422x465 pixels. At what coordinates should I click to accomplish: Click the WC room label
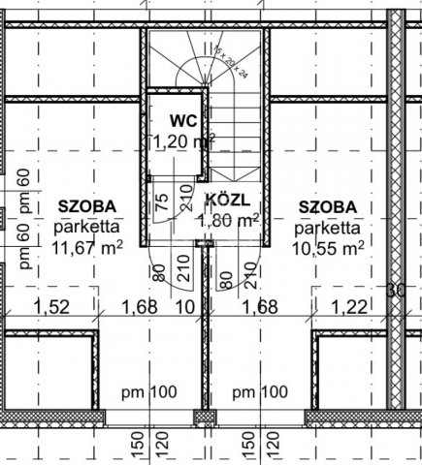(182, 121)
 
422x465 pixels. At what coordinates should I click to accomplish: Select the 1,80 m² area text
(228, 221)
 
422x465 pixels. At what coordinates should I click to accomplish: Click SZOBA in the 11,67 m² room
(86, 206)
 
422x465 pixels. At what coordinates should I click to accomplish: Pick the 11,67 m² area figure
(86, 247)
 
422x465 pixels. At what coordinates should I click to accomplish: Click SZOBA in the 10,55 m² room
(327, 206)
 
